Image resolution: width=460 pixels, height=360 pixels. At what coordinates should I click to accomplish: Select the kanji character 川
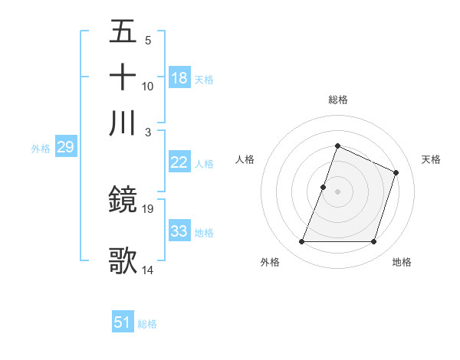click(123, 123)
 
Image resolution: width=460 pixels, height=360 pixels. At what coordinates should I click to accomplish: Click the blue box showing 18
click(179, 78)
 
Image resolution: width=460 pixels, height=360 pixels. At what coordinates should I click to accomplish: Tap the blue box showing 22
click(179, 162)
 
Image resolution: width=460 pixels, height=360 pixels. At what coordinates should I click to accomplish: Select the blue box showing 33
click(179, 231)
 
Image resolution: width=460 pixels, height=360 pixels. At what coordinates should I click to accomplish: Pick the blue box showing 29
click(65, 148)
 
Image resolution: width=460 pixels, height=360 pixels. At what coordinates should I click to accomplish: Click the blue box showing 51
click(123, 322)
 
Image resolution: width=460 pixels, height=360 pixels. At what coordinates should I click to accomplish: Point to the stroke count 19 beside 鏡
click(149, 208)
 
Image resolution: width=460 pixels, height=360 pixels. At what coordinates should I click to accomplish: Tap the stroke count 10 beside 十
click(148, 87)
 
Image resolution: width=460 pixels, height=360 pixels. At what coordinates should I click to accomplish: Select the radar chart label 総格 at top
click(337, 100)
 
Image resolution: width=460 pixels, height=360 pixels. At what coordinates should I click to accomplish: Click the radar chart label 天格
click(431, 159)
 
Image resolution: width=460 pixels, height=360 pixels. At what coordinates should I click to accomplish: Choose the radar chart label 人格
click(245, 159)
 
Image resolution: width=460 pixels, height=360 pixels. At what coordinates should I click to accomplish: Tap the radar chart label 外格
click(270, 263)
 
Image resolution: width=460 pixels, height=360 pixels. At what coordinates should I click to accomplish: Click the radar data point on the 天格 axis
click(396, 172)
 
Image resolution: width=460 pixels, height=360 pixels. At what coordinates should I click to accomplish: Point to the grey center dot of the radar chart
click(337, 191)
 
